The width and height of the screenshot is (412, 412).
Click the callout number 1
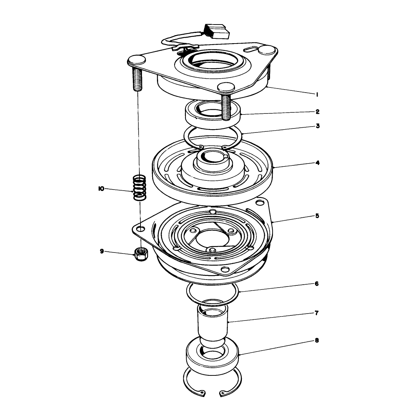[317, 94]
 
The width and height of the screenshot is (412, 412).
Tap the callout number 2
[317, 112]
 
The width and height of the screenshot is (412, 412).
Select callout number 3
[318, 126]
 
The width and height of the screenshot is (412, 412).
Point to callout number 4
[318, 163]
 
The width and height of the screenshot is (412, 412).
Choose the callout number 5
[317, 216]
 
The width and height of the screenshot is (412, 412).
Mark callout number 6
[317, 284]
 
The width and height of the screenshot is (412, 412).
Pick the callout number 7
[317, 313]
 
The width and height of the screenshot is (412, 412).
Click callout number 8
[317, 341]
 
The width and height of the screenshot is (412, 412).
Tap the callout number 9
[102, 251]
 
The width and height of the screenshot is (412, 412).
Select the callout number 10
[101, 189]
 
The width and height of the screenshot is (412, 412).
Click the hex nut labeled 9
[141, 254]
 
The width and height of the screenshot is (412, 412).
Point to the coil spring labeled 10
[139, 188]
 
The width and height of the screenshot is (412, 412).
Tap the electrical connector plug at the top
[217, 31]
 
